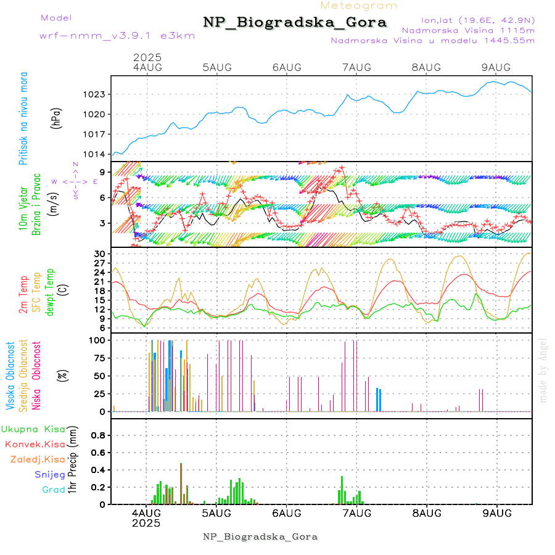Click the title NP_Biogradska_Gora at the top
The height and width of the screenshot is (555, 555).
(295, 23)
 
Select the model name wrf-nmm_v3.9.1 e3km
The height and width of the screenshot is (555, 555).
(117, 35)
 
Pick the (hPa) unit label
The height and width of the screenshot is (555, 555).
(56, 117)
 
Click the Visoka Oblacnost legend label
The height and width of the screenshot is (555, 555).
(10, 376)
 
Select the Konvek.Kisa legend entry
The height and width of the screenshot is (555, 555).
(35, 444)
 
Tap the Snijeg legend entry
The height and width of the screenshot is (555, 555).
(50, 475)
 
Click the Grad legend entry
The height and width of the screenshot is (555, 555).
(53, 490)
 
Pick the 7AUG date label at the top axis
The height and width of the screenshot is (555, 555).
(356, 67)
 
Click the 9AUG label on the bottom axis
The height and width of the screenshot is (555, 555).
(496, 513)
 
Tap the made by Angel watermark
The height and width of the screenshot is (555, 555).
(543, 370)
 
